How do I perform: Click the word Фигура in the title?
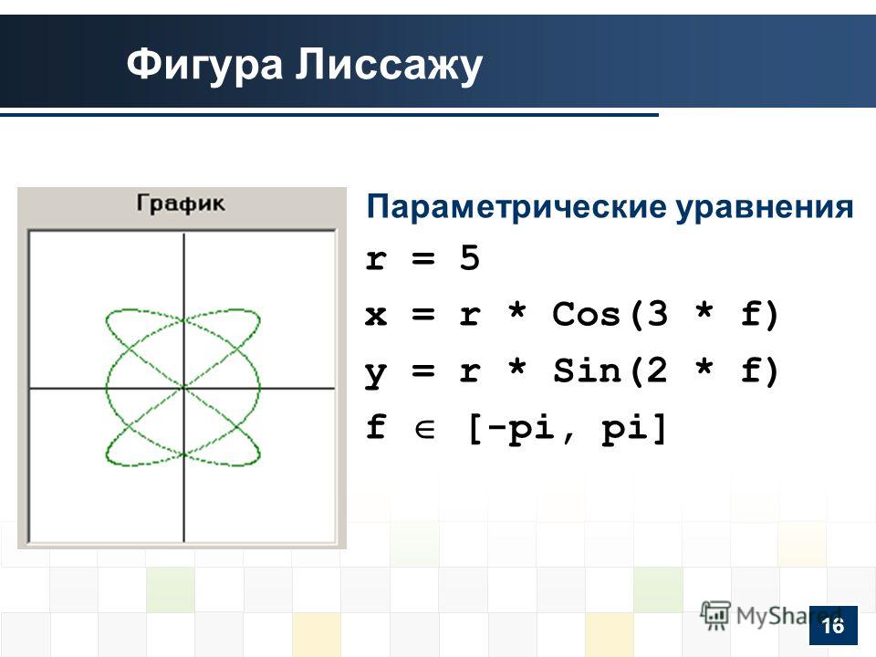(x=204, y=65)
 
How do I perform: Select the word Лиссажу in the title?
(x=389, y=65)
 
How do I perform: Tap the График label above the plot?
(x=181, y=203)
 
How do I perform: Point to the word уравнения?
(x=765, y=208)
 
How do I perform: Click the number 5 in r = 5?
(x=470, y=257)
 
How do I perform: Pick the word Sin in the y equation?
(x=587, y=370)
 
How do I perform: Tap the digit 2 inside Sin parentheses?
(x=658, y=370)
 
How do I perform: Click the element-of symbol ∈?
(x=424, y=429)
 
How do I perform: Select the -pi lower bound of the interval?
(x=529, y=429)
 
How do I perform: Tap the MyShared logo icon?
(x=715, y=616)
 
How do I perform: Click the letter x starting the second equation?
(x=376, y=315)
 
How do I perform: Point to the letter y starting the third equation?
(x=375, y=374)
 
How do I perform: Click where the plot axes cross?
(x=183, y=387)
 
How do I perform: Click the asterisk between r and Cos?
(x=517, y=310)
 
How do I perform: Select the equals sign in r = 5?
(x=422, y=258)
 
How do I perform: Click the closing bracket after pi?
(x=660, y=428)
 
